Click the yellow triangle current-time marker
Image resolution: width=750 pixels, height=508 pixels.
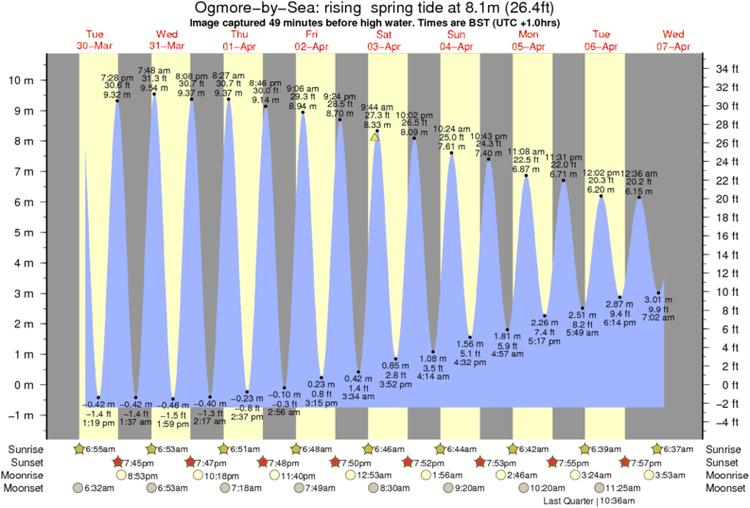pos(375,138)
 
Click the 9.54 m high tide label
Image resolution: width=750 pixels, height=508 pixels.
pos(154,88)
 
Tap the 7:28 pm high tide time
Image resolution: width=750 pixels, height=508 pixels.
pos(116,76)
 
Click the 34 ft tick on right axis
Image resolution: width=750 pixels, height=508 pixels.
pos(727,69)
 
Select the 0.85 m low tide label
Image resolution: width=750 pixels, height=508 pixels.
pos(397,366)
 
